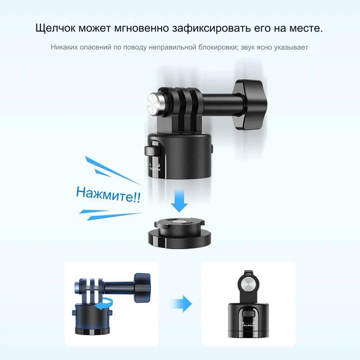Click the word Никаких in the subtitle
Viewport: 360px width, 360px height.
tap(64, 47)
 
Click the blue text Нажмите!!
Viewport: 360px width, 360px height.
tap(108, 194)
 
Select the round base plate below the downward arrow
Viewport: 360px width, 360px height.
tap(179, 232)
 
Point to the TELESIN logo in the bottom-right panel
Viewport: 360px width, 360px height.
tap(249, 325)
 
